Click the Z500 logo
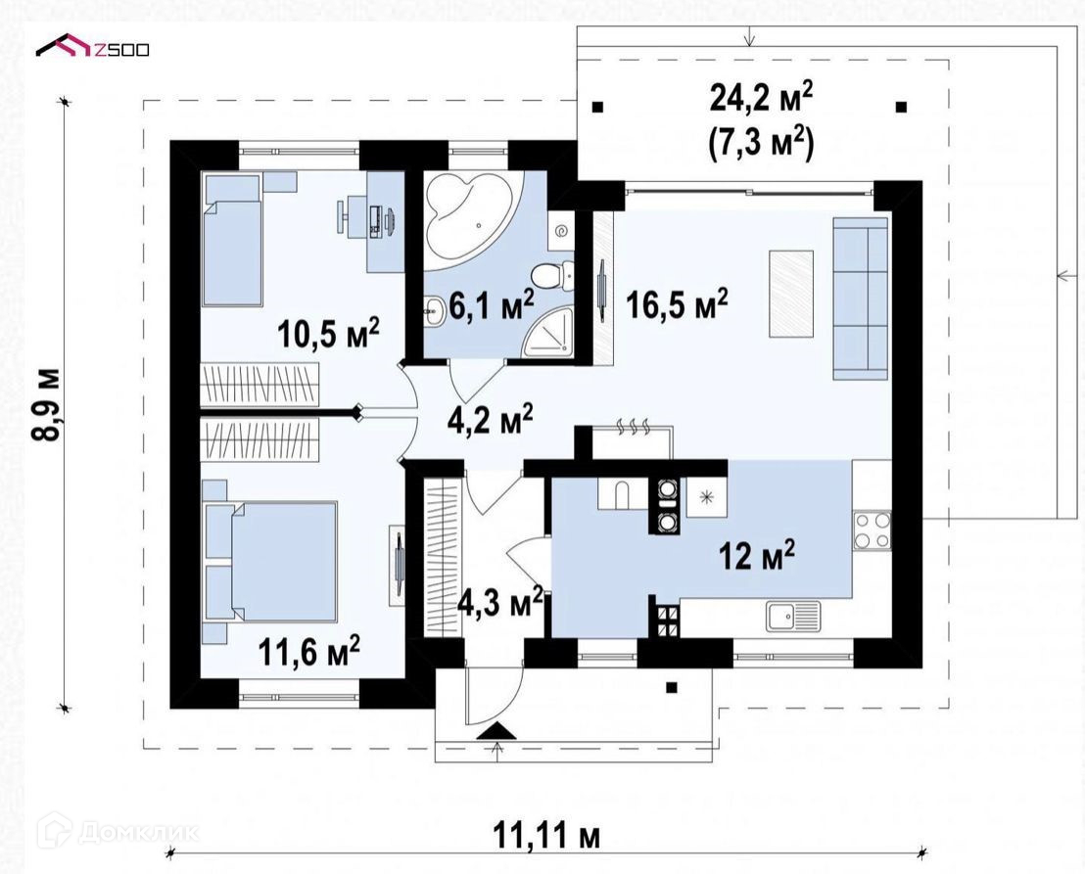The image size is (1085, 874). coord(93,47)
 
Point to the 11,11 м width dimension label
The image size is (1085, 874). coord(546,835)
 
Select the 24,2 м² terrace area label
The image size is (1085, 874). coord(761,98)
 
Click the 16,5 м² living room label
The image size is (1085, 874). coord(677,303)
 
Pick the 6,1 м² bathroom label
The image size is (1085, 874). coord(492,305)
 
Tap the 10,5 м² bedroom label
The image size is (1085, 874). coord(328,333)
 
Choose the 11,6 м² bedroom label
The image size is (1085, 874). coord(308,651)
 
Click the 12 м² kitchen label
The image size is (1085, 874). coord(757,555)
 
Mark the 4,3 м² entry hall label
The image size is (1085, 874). coord(500,604)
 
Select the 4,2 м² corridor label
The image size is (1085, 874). coord(490,420)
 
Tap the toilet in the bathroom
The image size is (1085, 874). coord(554,277)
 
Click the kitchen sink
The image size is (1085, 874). coord(793,616)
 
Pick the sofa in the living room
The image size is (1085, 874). coord(860,299)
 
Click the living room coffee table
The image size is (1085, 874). coord(791,294)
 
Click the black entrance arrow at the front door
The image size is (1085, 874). coord(495,731)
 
